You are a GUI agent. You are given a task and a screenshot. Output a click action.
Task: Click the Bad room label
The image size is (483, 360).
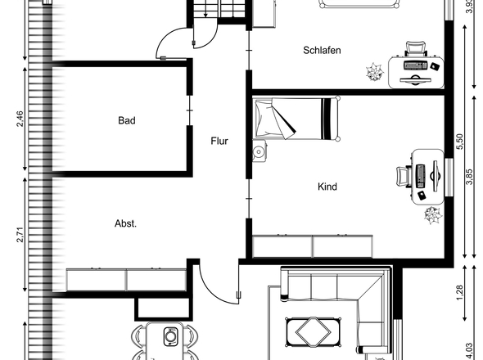point(127,120)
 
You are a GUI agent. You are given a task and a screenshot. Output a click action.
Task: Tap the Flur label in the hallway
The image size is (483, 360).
point(219,141)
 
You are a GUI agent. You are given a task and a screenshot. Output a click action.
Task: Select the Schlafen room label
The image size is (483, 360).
point(322,50)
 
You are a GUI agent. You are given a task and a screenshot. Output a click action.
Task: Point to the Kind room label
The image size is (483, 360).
point(327,187)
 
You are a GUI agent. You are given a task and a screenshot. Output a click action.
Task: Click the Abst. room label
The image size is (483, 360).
point(126,223)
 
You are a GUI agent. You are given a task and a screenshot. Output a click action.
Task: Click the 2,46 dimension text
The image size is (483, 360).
point(20,119)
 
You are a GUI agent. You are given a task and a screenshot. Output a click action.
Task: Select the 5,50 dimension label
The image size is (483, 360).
point(459,141)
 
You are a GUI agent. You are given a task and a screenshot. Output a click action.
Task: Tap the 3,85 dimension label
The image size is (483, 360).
point(469,177)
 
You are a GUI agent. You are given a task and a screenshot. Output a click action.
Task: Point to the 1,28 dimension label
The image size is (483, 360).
point(459,293)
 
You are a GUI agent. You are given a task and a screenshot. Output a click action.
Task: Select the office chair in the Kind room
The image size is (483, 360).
point(403,177)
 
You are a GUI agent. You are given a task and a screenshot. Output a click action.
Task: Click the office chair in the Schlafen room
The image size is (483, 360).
point(416,48)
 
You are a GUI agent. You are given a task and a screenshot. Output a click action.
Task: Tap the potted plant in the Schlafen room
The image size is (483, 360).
point(375,72)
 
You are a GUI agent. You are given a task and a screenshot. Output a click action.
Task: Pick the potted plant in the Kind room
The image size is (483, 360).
point(433,215)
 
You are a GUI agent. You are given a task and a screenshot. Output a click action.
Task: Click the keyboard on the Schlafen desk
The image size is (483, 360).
point(416,65)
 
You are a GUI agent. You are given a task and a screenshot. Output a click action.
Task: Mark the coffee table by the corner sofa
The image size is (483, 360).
point(314,332)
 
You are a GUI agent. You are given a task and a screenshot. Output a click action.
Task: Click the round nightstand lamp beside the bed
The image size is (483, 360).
point(258,151)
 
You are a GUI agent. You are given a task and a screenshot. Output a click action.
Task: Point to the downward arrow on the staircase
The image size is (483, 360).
point(205,11)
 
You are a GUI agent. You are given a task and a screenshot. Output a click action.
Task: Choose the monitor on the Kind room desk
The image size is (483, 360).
point(436,176)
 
